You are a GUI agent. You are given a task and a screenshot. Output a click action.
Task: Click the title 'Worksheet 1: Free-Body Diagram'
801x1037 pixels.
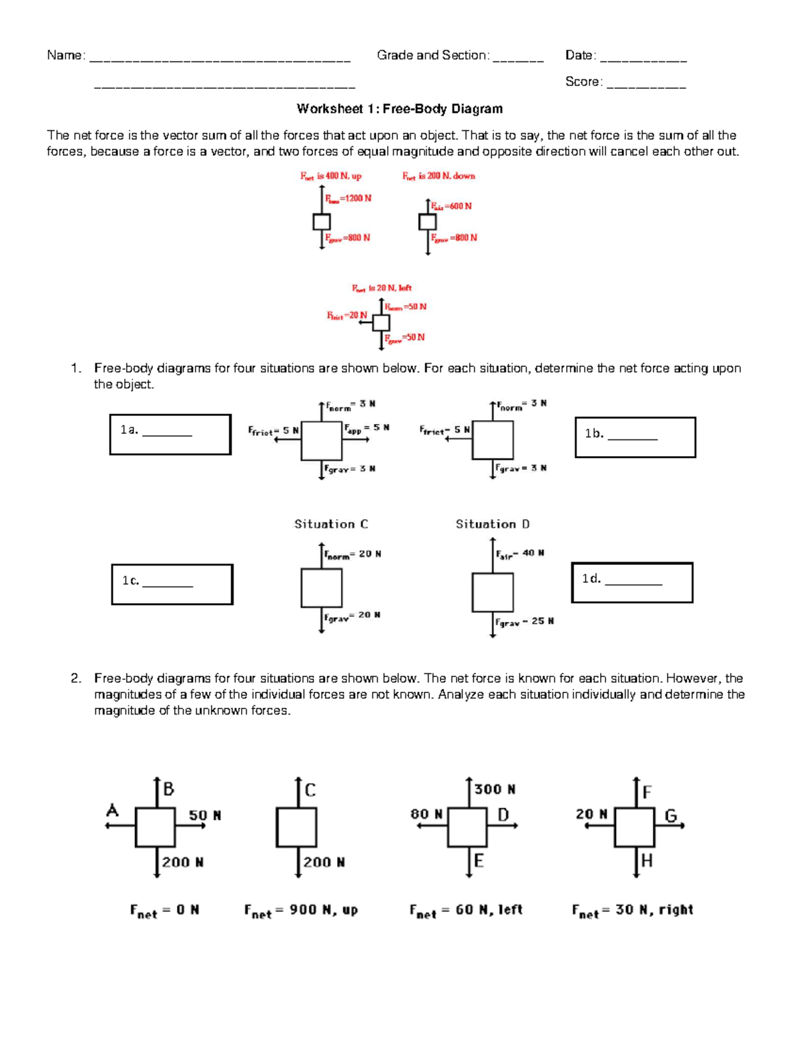tap(399, 109)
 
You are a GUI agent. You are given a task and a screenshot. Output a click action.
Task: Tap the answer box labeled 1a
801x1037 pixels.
tap(170, 435)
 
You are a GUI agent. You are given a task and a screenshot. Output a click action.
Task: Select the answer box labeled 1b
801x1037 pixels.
tap(635, 437)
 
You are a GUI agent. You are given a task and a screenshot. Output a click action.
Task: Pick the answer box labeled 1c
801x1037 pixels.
tap(172, 584)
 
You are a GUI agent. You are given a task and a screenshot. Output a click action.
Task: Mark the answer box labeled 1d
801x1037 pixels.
tap(632, 582)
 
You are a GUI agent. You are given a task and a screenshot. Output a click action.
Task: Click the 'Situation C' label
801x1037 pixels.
tap(331, 524)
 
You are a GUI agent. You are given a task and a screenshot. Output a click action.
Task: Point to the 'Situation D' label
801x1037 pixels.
tap(493, 524)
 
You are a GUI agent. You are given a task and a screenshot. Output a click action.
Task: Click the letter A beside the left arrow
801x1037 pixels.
tap(112, 811)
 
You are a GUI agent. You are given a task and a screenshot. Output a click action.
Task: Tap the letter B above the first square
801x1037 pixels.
tap(168, 789)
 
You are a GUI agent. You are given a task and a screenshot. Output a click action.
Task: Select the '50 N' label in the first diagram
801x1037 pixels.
tap(204, 815)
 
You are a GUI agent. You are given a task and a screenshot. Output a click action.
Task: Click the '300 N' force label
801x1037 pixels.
tap(495, 789)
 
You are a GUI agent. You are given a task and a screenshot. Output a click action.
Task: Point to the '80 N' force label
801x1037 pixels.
tap(427, 814)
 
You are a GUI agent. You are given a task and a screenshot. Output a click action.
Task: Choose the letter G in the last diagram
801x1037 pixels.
tap(670, 815)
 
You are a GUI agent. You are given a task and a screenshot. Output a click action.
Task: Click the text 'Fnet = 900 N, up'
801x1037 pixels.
tap(301, 911)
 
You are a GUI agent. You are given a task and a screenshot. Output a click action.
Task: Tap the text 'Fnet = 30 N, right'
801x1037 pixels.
tap(632, 911)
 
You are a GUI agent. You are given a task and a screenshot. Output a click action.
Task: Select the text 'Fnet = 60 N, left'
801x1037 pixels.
tap(466, 911)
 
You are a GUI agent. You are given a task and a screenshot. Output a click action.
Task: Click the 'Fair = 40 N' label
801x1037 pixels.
tap(519, 554)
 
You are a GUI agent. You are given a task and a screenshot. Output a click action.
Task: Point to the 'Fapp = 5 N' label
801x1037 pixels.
tap(366, 429)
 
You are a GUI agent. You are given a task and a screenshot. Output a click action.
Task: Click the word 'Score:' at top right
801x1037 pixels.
tap(583, 81)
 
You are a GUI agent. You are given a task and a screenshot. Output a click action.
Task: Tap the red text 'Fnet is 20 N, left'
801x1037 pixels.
tap(382, 288)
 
